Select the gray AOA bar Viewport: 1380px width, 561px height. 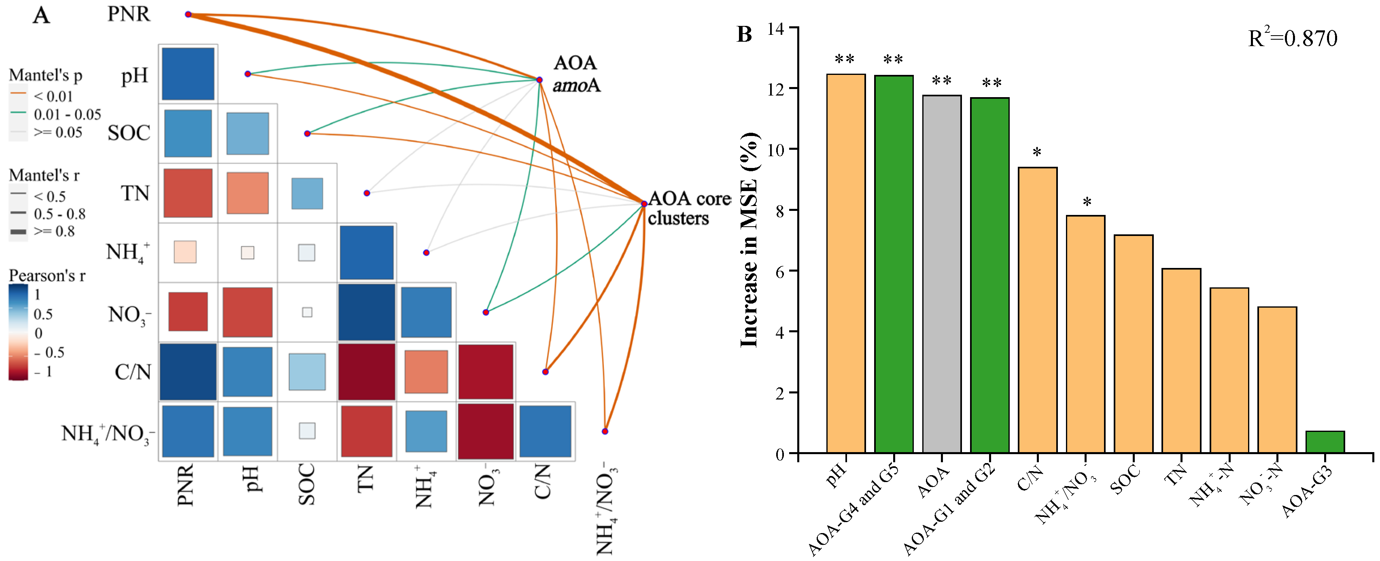pos(941,273)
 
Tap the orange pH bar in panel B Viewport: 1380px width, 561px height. pos(845,263)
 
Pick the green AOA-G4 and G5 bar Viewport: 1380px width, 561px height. pos(894,263)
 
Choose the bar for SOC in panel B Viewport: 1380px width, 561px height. pos(1133,343)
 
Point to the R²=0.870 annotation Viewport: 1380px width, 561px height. pos(1292,38)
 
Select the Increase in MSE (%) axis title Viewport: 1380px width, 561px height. pos(749,240)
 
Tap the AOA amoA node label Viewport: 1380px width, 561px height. pos(575,74)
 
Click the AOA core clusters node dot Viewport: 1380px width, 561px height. pos(644,204)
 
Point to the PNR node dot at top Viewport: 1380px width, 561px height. pos(188,15)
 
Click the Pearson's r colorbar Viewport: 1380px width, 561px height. pos(18,332)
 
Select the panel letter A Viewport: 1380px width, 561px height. pos(41,15)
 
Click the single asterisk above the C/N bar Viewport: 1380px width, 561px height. pos(1037,152)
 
